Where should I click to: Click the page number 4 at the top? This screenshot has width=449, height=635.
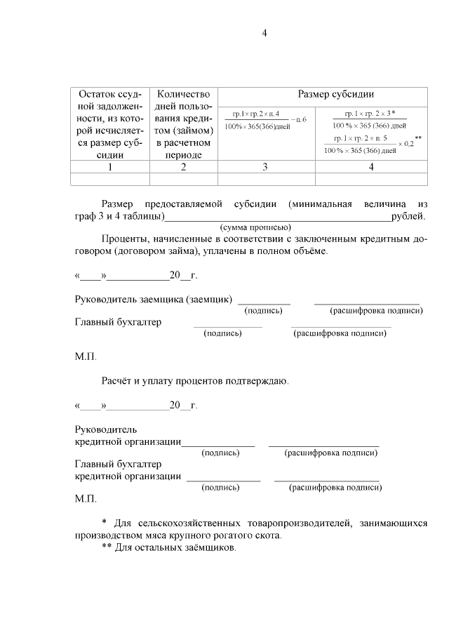[x=264, y=33]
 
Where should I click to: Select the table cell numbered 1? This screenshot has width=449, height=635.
[x=109, y=167]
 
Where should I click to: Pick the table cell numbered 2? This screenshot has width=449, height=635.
[x=183, y=167]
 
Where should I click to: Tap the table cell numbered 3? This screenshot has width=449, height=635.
[x=265, y=167]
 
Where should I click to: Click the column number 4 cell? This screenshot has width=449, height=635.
[x=371, y=167]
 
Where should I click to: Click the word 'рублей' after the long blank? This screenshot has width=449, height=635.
[x=408, y=216]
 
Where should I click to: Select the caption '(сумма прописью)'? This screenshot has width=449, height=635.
[x=255, y=227]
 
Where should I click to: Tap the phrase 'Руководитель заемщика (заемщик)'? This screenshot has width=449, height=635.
[x=154, y=300]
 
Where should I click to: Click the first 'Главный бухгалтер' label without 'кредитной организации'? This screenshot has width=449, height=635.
[x=118, y=322]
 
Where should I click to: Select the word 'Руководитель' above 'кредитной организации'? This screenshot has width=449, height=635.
[x=106, y=429]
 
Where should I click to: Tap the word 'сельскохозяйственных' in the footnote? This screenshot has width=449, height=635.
[x=185, y=524]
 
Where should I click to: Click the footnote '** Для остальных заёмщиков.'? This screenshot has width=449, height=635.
[x=169, y=547]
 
